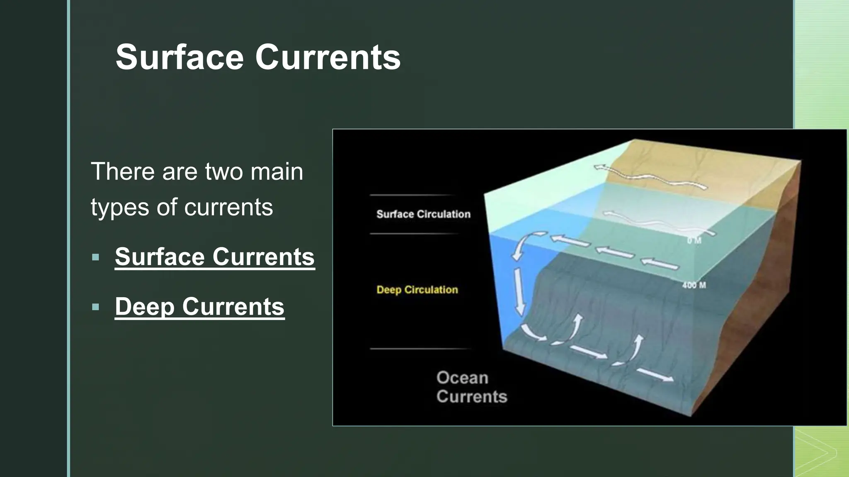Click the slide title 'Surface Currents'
[258, 57]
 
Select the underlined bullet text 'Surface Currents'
[215, 257]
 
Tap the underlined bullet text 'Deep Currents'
[199, 306]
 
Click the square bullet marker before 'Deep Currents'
[96, 307]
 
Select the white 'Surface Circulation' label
[423, 214]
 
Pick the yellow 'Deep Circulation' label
[417, 289]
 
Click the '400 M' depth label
[694, 285]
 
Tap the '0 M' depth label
[694, 241]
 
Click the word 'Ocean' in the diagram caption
[462, 378]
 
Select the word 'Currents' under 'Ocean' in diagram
[472, 397]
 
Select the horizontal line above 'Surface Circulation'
[412, 195]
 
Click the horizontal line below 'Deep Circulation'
[420, 349]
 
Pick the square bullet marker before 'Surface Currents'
[96, 257]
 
